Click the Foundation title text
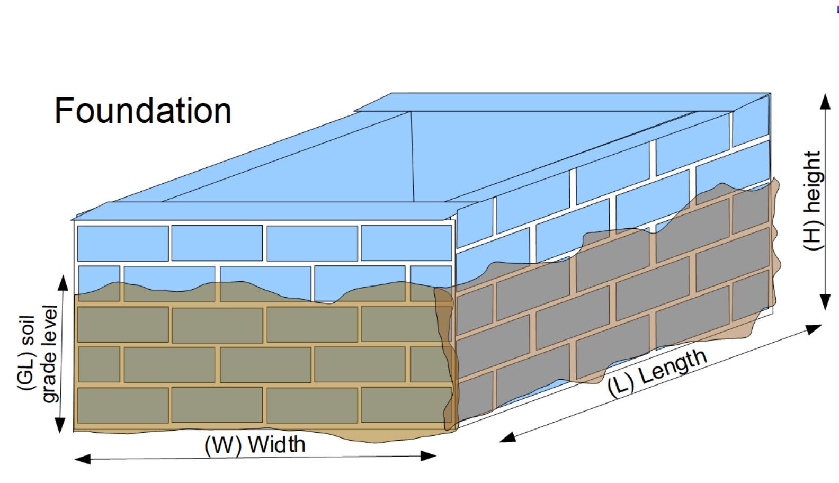(143, 111)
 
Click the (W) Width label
(255, 444)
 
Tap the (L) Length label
(657, 373)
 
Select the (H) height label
(812, 201)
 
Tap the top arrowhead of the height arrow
(825, 101)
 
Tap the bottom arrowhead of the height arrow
(825, 302)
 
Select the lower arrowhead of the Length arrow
(507, 437)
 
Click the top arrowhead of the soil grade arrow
(64, 283)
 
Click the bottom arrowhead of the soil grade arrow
(60, 425)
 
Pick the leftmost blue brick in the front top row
(123, 243)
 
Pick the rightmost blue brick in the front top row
(406, 243)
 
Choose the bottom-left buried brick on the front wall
(123, 405)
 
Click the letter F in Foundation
(65, 111)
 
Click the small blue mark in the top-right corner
(837, 10)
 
